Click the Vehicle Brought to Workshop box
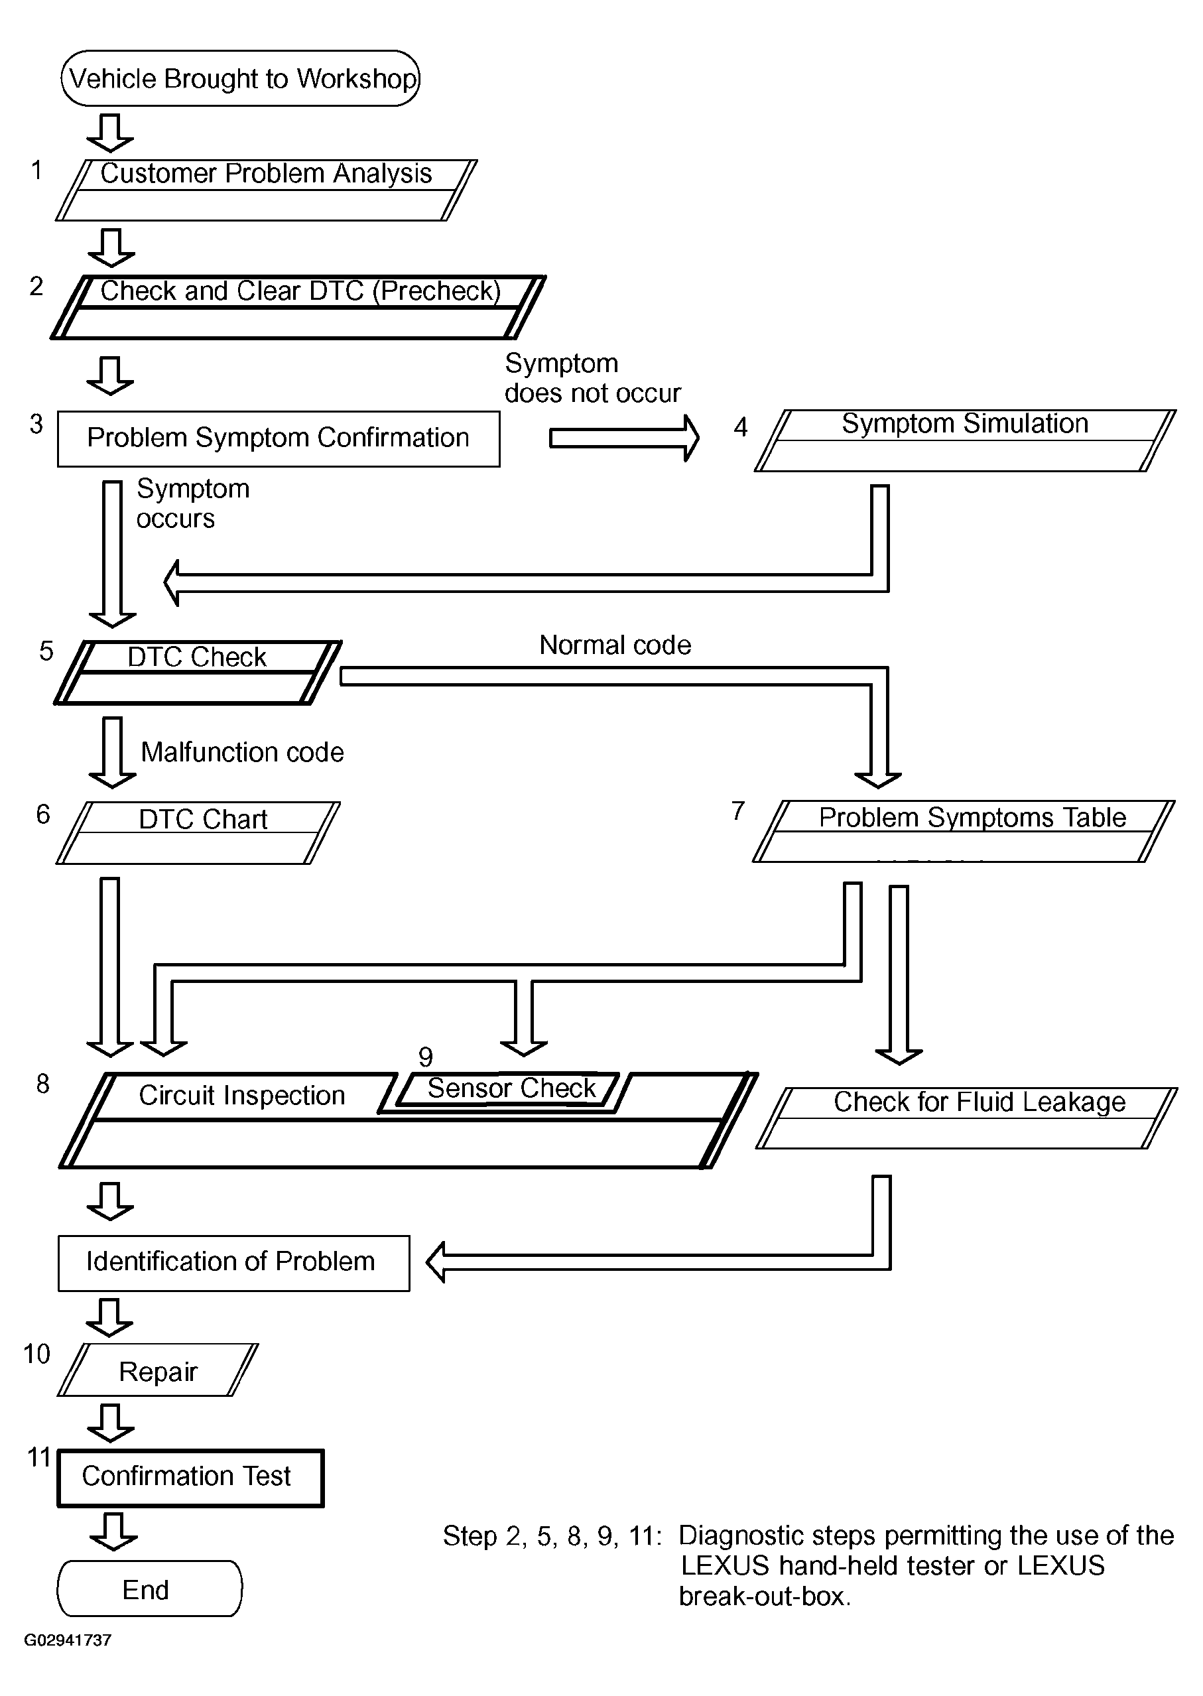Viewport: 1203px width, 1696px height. click(240, 78)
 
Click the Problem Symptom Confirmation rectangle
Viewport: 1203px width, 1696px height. click(279, 438)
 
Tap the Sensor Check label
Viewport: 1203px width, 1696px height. click(512, 1088)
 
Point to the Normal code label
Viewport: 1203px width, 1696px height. click(615, 645)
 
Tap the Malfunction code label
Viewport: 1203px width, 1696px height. click(242, 753)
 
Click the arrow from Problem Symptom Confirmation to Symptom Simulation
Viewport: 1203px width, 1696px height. click(624, 438)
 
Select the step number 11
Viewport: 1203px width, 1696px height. click(38, 1457)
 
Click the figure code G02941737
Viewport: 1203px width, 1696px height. click(68, 1640)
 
